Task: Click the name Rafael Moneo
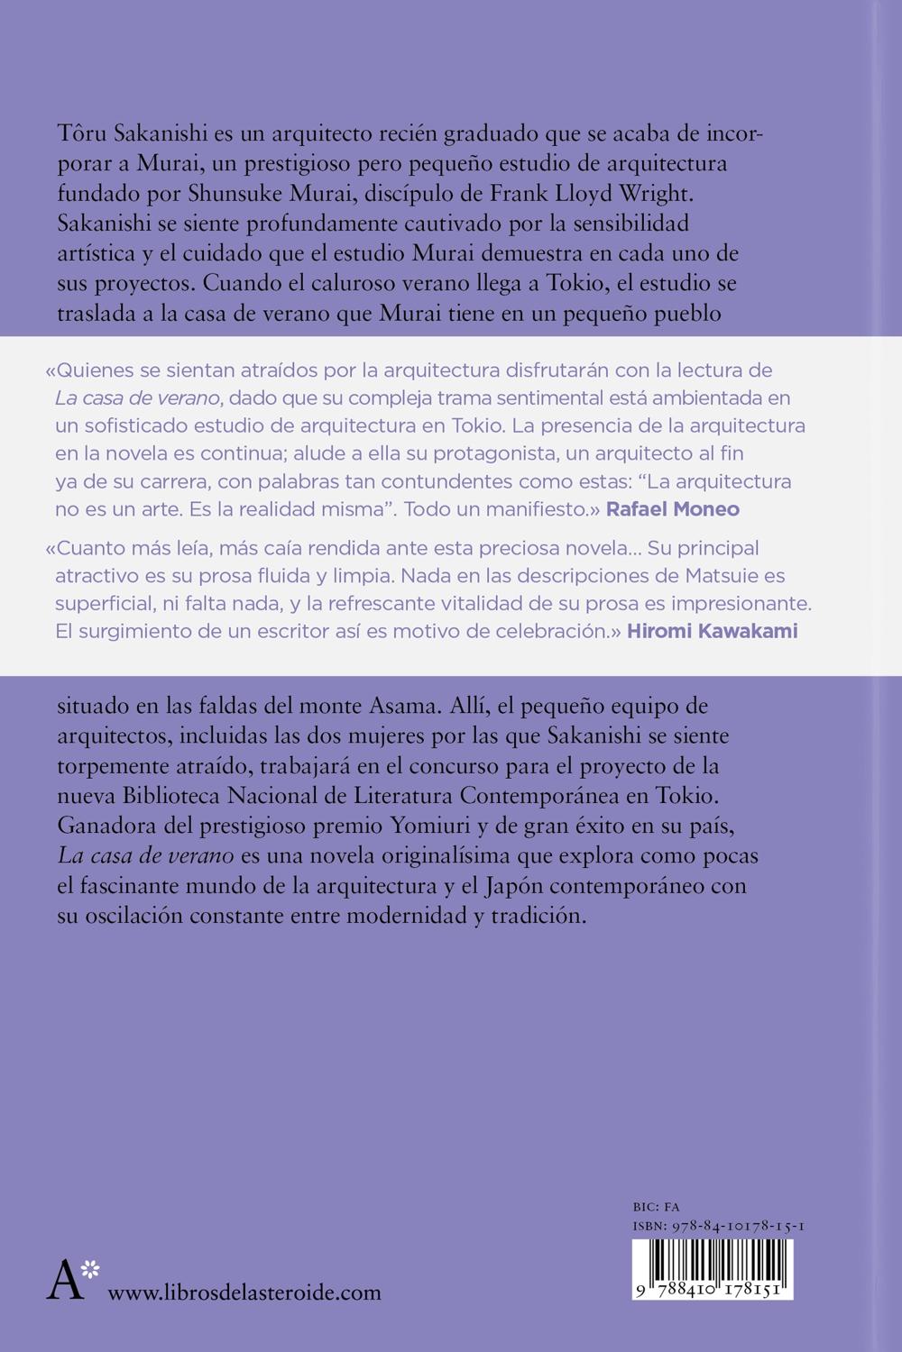coord(672,509)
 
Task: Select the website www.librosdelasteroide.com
coord(244,1293)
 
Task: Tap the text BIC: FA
coord(657,1207)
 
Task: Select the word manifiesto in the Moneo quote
coord(533,509)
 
